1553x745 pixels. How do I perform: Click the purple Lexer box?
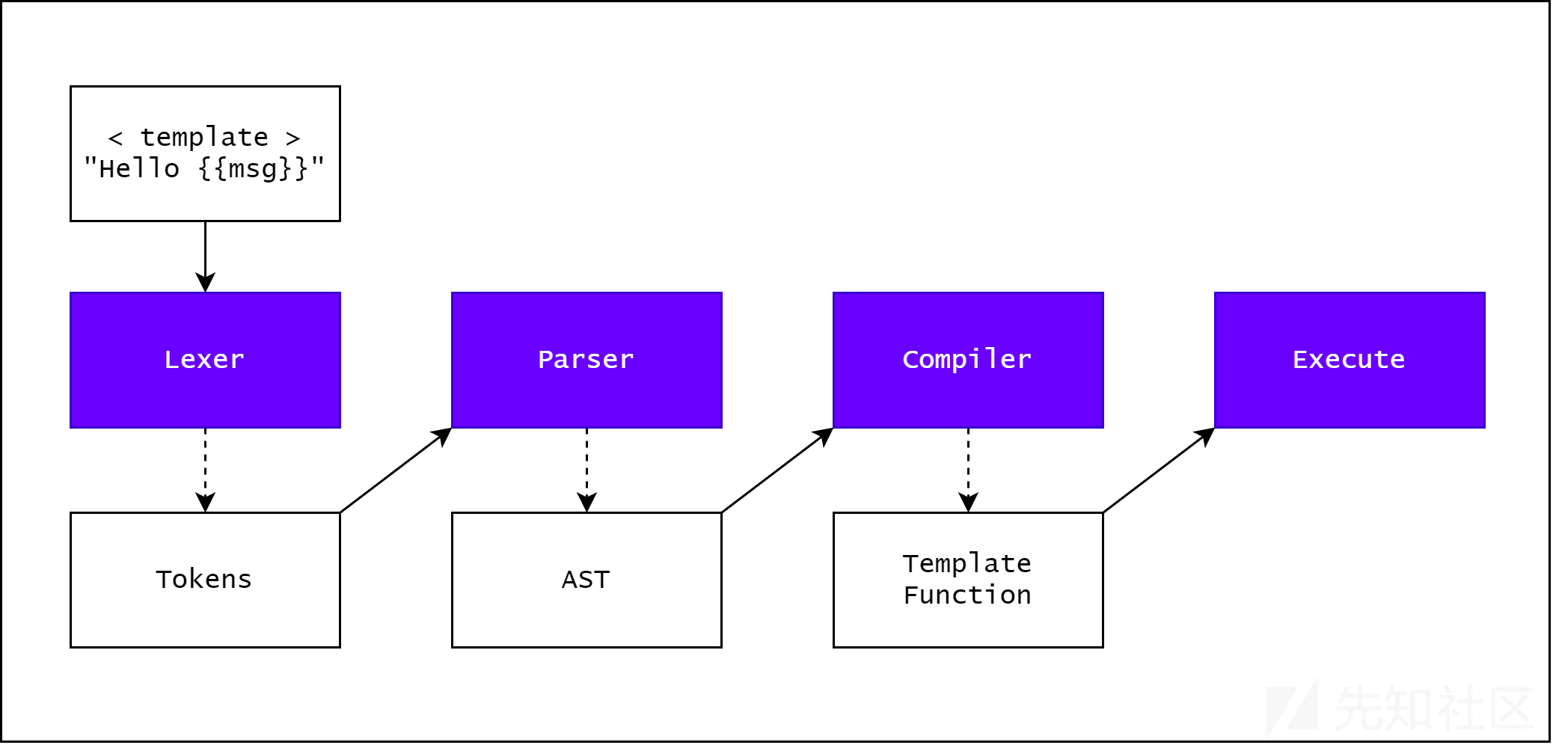205,360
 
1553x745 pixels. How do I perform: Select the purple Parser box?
586,360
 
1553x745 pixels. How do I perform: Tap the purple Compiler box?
968,360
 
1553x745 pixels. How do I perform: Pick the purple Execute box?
1350,360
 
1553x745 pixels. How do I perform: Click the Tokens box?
205,580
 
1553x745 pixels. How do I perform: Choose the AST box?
586,580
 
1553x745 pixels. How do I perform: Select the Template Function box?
968,580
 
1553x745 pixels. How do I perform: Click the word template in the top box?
204,137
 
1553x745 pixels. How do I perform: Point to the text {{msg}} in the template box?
253,168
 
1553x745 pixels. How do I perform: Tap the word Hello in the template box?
139,168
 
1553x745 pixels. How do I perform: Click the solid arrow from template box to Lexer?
205,257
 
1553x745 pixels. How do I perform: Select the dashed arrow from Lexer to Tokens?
205,470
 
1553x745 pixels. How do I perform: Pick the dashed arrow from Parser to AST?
586,470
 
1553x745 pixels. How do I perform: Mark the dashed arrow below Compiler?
968,470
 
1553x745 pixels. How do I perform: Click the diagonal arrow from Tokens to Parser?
396,470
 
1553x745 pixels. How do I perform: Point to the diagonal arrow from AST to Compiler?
777,470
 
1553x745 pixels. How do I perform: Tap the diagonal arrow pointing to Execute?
1159,470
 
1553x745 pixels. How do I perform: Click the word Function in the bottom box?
967,595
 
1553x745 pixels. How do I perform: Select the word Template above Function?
967,563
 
